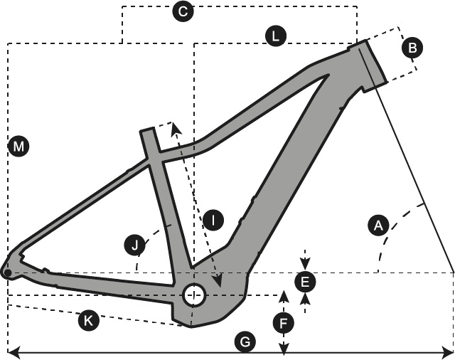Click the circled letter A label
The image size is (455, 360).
tap(378, 226)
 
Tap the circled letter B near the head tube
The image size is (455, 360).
tap(412, 48)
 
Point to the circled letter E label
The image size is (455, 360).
tap(305, 282)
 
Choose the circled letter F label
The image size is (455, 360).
tap(283, 324)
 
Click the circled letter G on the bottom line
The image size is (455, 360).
tap(244, 342)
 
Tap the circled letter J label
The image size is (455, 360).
tap(134, 246)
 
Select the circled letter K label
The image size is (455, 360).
tap(88, 321)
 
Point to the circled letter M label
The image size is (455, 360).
tap(18, 147)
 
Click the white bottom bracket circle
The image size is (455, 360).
tap(194, 295)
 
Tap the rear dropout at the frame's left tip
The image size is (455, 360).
tap(8, 271)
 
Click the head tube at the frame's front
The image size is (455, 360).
tap(372, 63)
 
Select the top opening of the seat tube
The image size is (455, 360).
tap(147, 132)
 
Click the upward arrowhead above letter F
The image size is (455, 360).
tap(283, 295)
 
